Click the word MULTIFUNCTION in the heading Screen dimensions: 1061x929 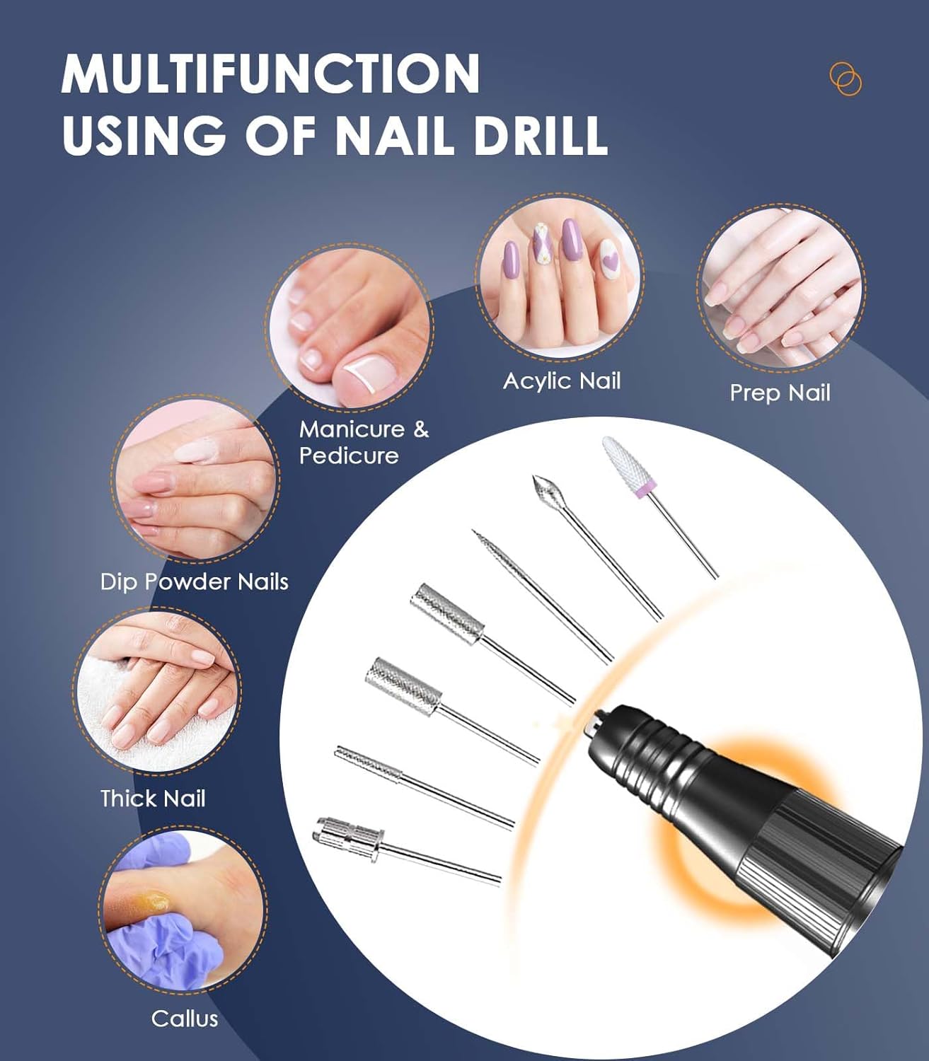click(270, 73)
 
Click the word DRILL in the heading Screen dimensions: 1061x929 click(541, 134)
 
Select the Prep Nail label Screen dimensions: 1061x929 click(780, 393)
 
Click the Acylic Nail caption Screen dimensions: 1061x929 click(562, 381)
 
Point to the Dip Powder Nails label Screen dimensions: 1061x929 click(195, 582)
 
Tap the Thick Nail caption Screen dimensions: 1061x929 click(153, 799)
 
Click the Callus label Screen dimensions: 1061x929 click(185, 1019)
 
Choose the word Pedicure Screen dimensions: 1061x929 click(349, 456)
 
